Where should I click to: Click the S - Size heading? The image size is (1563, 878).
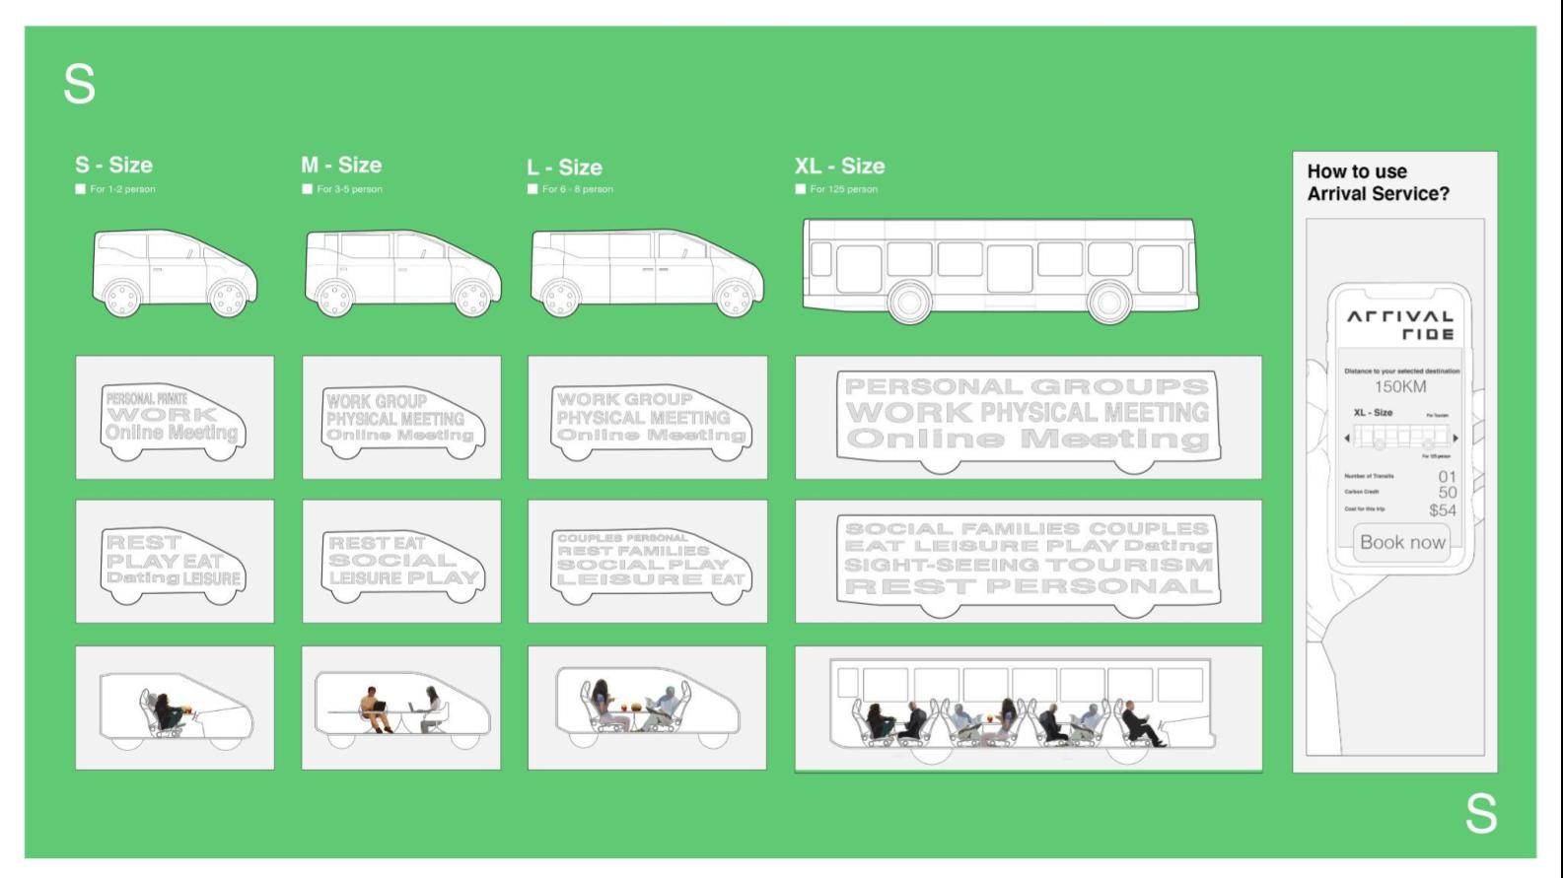tap(113, 165)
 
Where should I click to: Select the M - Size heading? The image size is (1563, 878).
tap(341, 165)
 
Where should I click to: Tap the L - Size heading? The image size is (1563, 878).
tap(564, 168)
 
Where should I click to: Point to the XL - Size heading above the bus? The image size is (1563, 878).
tap(839, 166)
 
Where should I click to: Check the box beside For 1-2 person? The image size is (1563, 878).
tap(81, 189)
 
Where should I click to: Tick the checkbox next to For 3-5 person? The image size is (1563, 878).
tap(308, 189)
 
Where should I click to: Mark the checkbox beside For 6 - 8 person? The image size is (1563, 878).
tap(533, 189)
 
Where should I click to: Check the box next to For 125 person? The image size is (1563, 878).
tap(801, 189)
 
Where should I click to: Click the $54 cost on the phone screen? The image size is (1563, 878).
tap(1442, 510)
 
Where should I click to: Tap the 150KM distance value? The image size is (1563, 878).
tap(1400, 386)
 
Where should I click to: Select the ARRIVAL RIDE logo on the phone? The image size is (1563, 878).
tap(1400, 325)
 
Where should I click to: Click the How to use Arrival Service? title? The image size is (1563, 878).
tap(1378, 182)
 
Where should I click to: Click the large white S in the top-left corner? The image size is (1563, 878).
tap(80, 85)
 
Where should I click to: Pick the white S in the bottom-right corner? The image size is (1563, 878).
tap(1480, 814)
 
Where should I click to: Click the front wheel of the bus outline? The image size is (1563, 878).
tap(1109, 302)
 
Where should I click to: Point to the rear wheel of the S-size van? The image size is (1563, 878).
tap(122, 298)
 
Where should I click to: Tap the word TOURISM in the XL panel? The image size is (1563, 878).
tap(1129, 565)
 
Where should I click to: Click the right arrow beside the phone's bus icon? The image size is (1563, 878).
tap(1456, 438)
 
